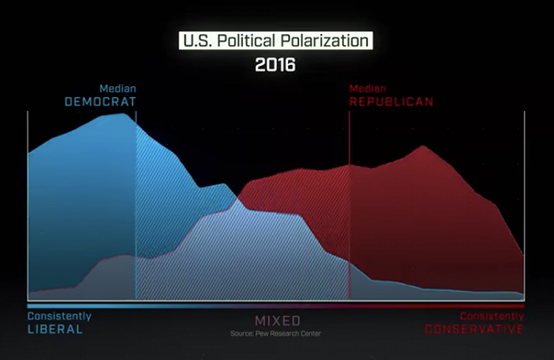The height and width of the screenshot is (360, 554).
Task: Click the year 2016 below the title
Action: tap(275, 64)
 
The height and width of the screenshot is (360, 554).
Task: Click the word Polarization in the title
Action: tap(324, 40)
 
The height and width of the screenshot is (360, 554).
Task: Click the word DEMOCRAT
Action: tap(101, 102)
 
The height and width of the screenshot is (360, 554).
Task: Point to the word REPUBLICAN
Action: tap(391, 102)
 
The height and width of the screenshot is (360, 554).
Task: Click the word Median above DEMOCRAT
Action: tap(117, 89)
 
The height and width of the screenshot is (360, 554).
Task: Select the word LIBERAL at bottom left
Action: tap(55, 328)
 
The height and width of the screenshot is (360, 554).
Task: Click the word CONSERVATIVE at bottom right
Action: tap(474, 328)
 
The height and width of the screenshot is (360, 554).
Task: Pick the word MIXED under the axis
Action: tap(277, 320)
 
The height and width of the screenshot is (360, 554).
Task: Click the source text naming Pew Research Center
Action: tap(276, 333)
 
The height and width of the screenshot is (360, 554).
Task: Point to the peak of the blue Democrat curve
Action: tap(123, 114)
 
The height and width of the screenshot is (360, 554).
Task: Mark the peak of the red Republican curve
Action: tap(423, 146)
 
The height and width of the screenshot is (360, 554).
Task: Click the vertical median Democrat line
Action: tap(136, 198)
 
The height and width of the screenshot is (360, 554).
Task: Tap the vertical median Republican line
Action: tap(349, 198)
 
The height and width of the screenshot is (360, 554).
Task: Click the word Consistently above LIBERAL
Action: tap(59, 316)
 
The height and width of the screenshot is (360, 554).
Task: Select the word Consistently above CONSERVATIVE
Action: tap(492, 316)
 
